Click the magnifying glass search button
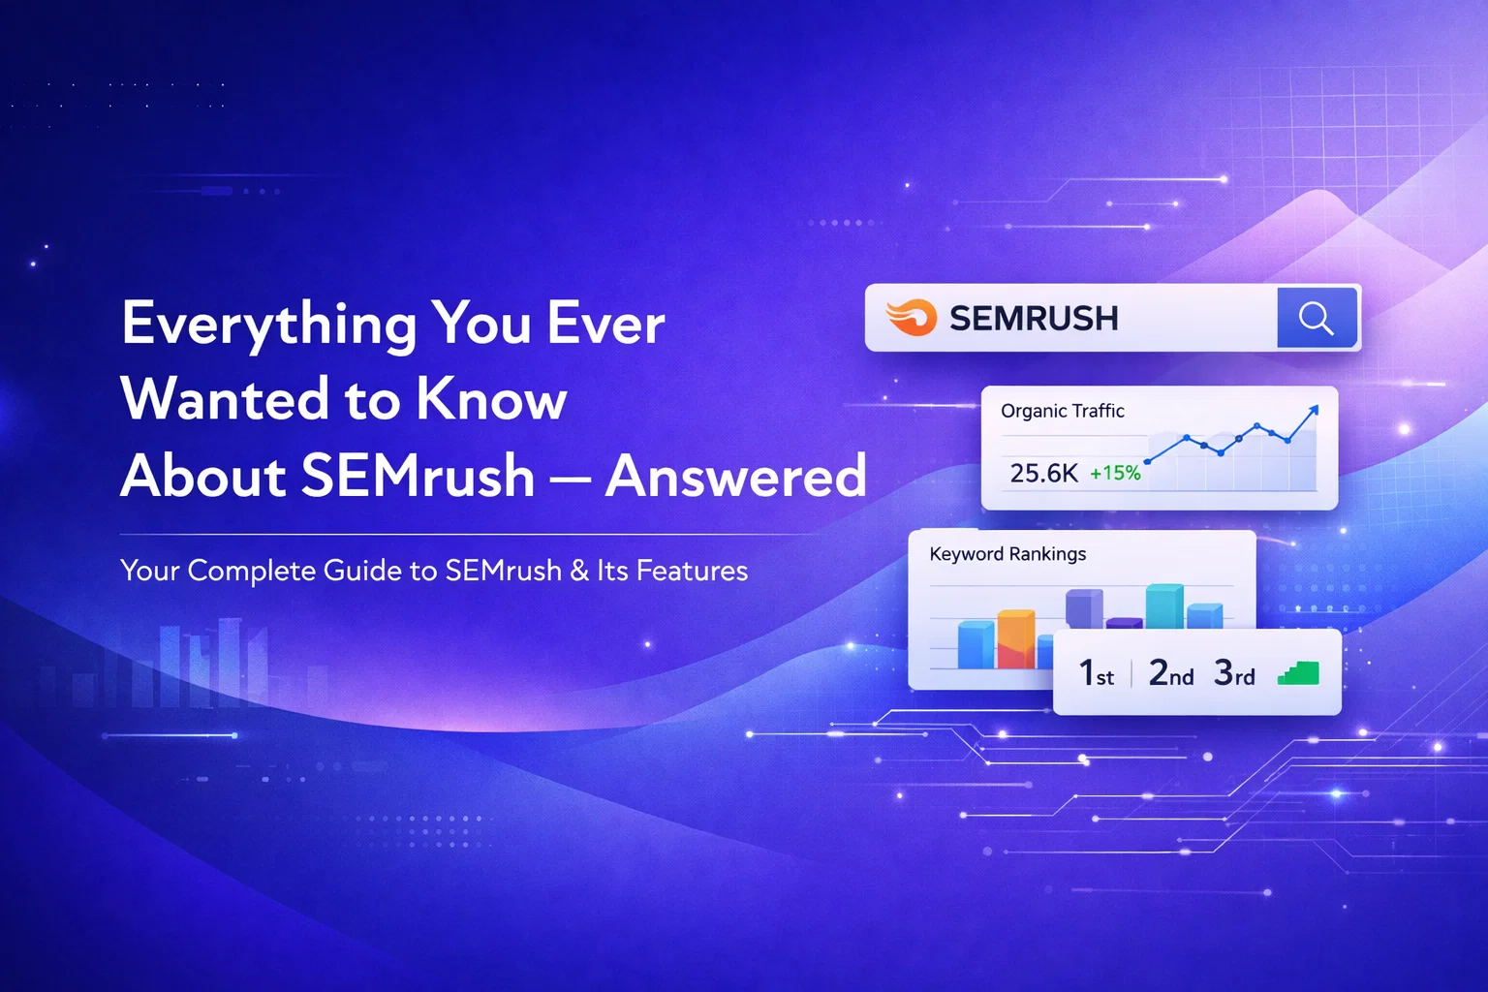pos(1317,318)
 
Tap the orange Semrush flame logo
pos(912,318)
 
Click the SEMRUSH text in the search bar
pos(1034,319)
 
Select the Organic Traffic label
pos(1063,411)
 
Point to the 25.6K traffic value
pos(1043,473)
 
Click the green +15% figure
pos(1115,474)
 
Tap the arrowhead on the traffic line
pos(1313,412)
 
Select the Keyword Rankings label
pos(1007,554)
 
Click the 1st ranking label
pos(1097,672)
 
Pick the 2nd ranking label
pos(1170,672)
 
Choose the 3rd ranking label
pos(1234,672)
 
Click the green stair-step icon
pos(1298,673)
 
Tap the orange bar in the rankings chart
pos(1016,638)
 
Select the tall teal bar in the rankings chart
pos(1164,606)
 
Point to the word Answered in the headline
pos(735,476)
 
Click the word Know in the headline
pos(491,399)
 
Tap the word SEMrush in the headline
pos(418,476)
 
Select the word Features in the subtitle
pos(692,571)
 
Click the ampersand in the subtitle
pos(579,571)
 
